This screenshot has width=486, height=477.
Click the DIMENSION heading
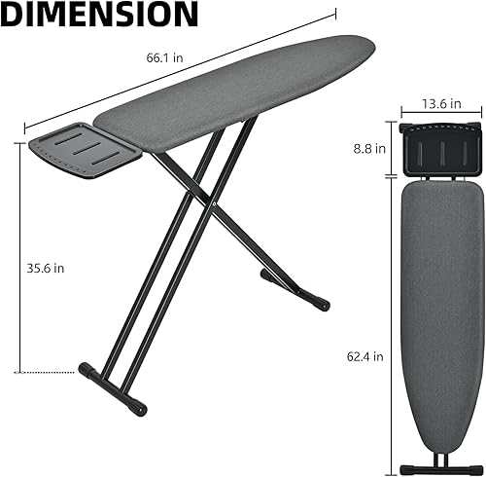[101, 17]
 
